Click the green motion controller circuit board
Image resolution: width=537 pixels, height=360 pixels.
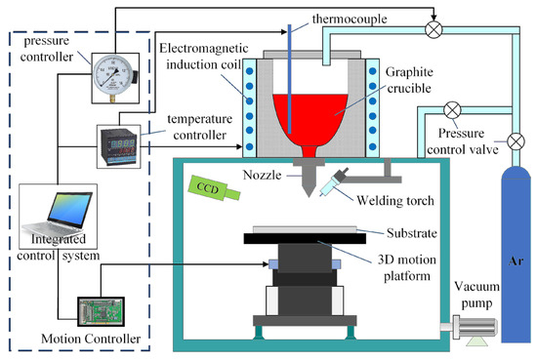(102, 309)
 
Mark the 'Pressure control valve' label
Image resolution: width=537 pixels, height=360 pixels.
(447, 141)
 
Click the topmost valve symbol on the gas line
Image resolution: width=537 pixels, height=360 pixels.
(431, 29)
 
